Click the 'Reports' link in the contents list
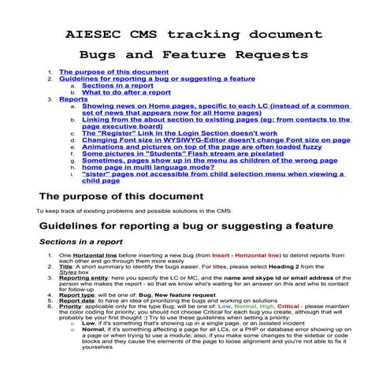point(73,100)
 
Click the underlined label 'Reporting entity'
point(84,279)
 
